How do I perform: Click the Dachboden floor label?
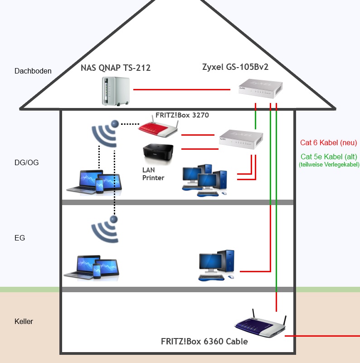point(33,71)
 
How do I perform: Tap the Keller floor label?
point(24,322)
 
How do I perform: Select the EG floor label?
point(20,237)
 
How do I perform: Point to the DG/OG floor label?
point(27,162)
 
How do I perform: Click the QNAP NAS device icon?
point(115,91)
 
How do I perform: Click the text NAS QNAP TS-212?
point(116,69)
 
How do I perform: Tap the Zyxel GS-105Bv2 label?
point(235,67)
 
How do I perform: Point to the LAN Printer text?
point(153,174)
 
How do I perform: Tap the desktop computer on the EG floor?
point(217,265)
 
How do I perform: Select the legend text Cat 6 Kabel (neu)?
point(329,143)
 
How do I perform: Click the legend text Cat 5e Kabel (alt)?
point(329,157)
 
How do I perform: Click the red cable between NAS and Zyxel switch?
point(181,90)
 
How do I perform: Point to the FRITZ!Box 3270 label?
point(182,115)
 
